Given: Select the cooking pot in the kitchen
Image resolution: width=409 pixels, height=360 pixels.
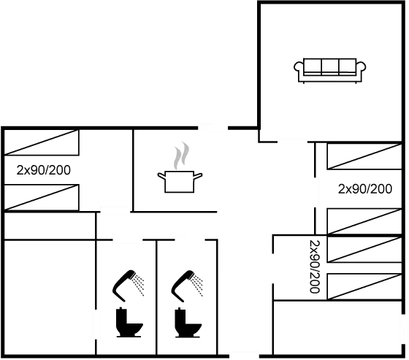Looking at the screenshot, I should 179,180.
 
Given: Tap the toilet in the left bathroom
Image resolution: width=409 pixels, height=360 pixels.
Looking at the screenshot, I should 126,323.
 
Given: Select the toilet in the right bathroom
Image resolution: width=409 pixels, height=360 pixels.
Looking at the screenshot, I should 186,324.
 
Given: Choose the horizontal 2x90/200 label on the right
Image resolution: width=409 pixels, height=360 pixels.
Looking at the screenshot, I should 364,188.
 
